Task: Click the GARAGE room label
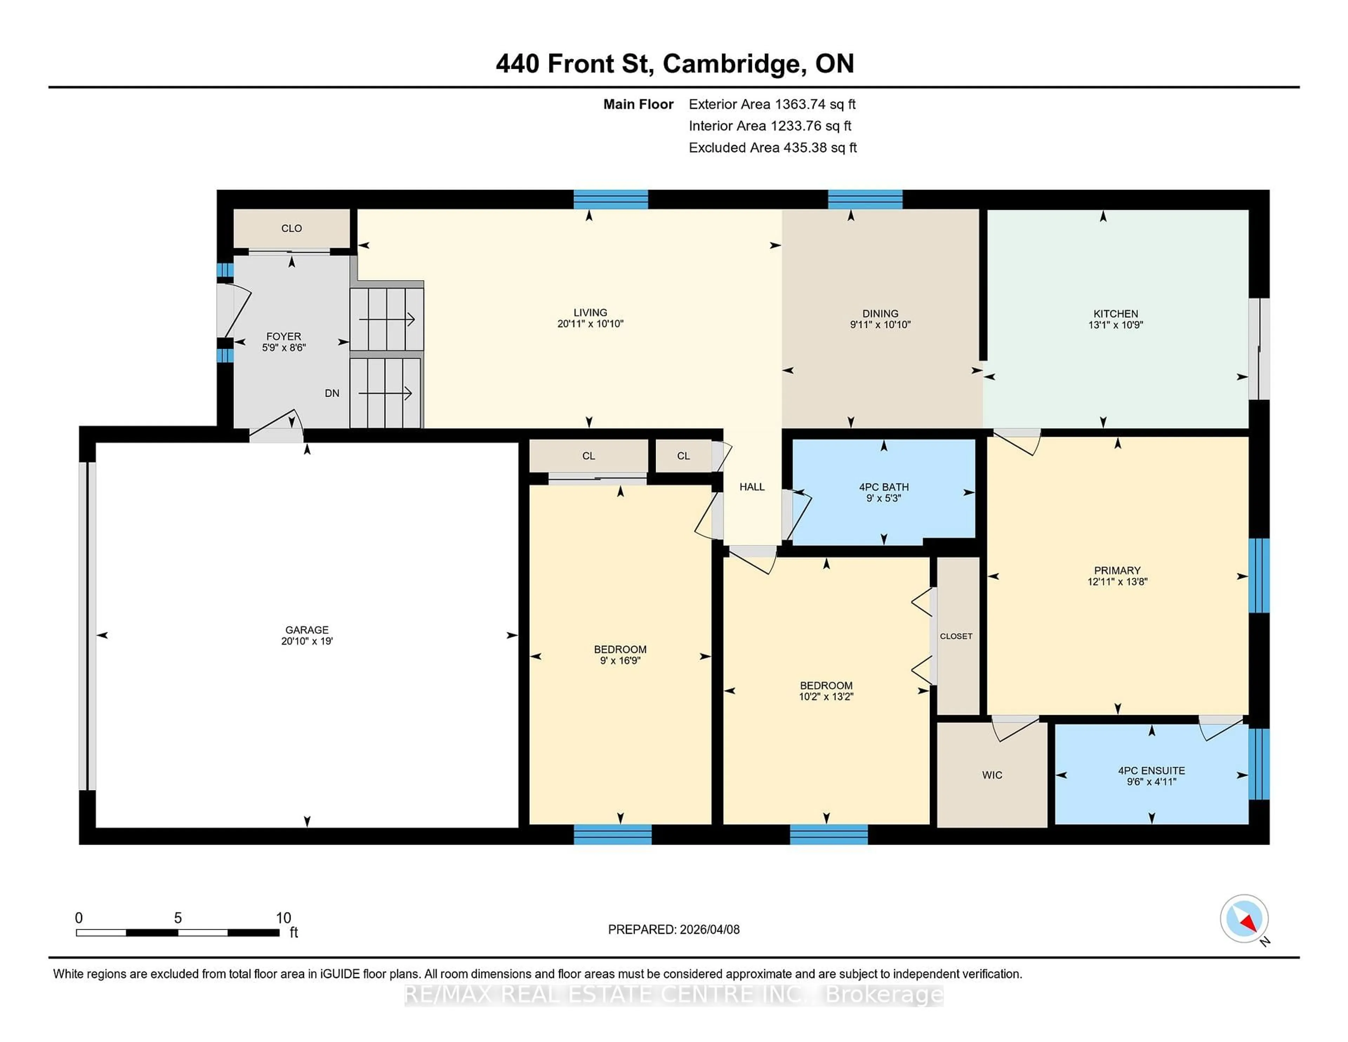307,629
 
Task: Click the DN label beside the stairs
332,393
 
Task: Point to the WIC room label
992,775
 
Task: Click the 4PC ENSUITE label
1151,770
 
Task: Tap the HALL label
752,487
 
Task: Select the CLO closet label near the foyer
291,229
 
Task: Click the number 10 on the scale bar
283,918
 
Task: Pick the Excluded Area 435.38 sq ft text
772,147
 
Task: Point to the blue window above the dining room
865,199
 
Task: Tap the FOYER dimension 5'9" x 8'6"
284,348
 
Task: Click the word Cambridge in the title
731,64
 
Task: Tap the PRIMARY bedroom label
1117,571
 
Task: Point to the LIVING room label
590,312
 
